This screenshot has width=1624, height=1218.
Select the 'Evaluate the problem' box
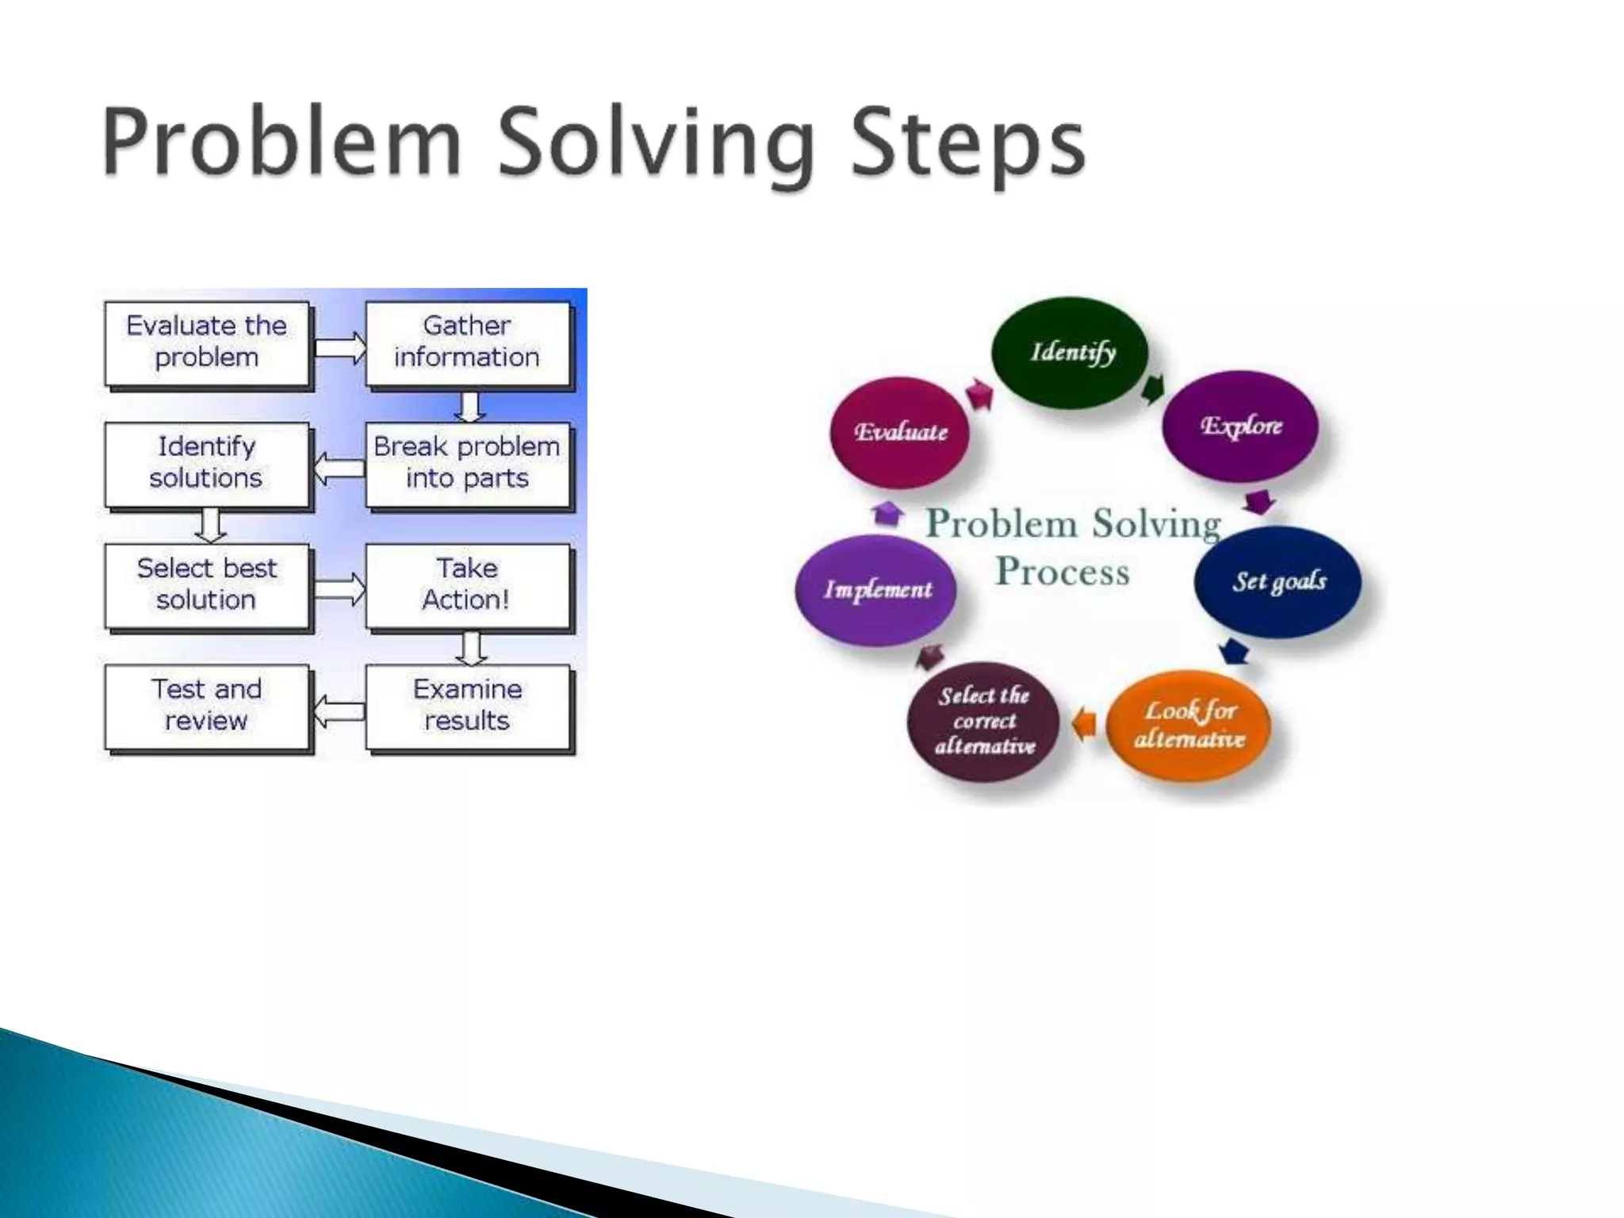[x=206, y=343]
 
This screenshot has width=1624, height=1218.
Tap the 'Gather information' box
[x=467, y=343]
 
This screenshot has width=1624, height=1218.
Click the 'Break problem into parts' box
[x=467, y=464]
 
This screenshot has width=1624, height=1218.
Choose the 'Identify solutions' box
[x=206, y=464]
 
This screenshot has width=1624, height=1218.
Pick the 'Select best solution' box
[x=206, y=585]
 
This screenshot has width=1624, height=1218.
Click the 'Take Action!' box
[x=467, y=585]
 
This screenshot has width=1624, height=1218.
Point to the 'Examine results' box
[x=467, y=707]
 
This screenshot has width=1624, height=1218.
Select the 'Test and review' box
[x=206, y=707]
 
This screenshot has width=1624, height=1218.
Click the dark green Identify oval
[x=1071, y=353]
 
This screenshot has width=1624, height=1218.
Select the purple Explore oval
[x=1240, y=427]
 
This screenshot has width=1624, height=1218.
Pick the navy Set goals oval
[x=1277, y=581]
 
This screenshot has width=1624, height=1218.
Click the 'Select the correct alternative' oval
[x=984, y=722]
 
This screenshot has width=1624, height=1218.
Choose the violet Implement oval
[x=876, y=589]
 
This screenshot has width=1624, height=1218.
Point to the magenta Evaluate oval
[x=901, y=432]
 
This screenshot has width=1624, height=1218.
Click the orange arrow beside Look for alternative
[x=1084, y=722]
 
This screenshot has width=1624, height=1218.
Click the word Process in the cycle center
[x=1063, y=572]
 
